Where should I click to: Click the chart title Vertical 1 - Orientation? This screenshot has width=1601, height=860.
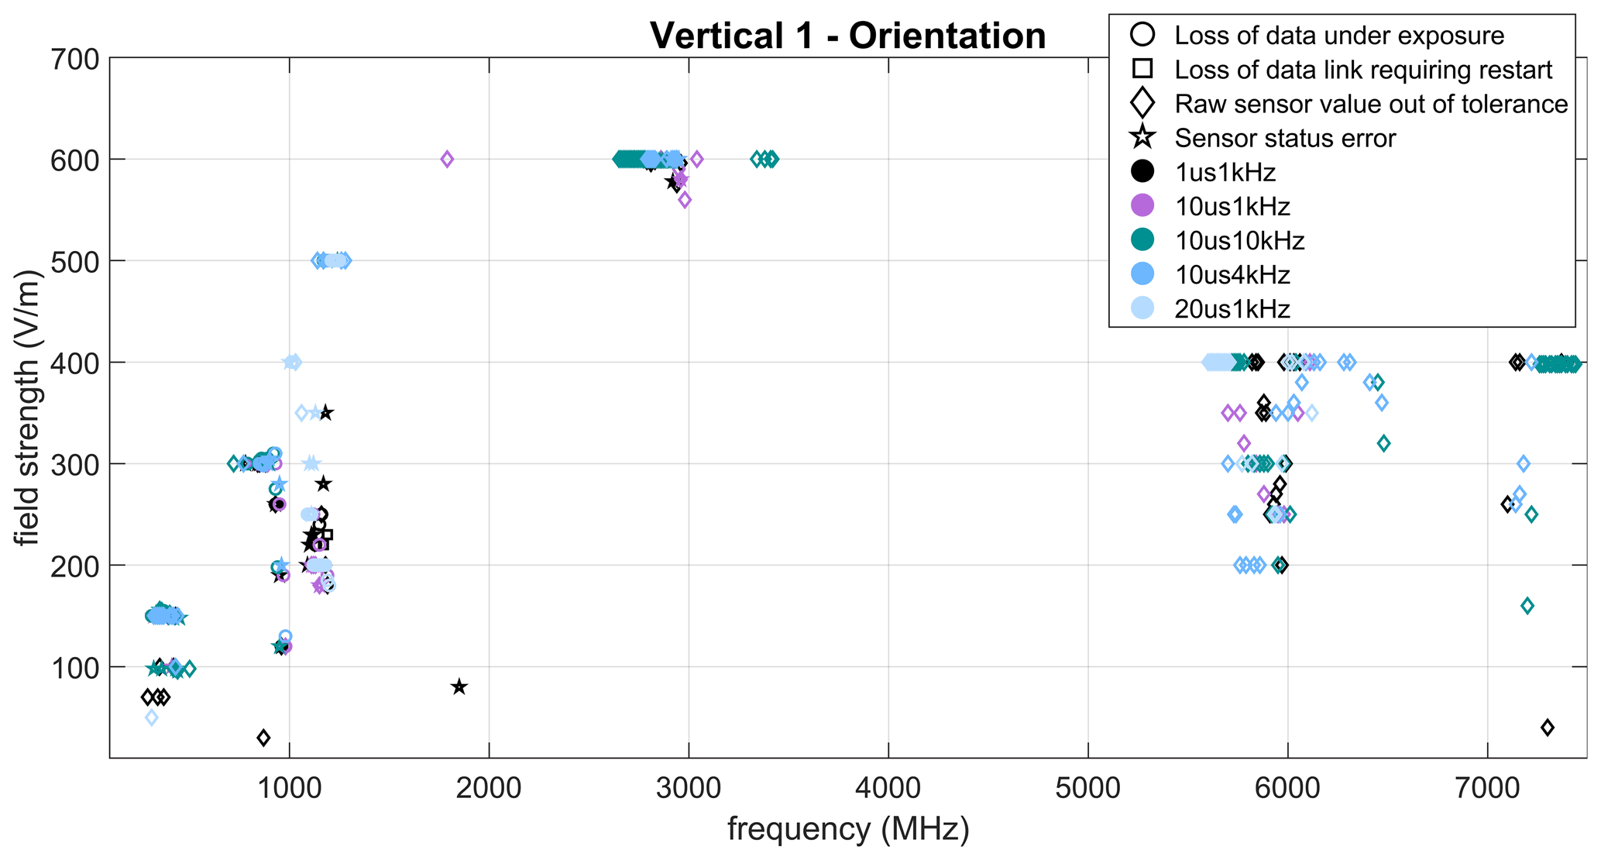[x=847, y=36]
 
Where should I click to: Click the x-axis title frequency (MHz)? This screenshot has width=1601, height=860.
[x=847, y=829]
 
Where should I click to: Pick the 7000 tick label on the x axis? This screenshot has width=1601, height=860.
[x=1487, y=788]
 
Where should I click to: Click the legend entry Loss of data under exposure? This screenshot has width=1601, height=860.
[x=1338, y=36]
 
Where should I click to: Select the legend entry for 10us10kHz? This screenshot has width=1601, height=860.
[x=1239, y=241]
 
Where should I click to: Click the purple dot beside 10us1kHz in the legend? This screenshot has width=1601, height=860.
[x=1142, y=206]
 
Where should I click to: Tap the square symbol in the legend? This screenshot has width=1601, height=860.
[x=1142, y=70]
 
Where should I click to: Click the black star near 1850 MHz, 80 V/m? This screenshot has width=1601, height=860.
[x=459, y=687]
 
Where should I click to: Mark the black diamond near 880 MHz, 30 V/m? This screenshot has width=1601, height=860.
[x=263, y=738]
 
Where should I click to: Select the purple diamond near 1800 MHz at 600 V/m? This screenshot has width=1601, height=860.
[x=447, y=160]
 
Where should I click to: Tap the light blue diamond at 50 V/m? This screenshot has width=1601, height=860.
[x=152, y=717]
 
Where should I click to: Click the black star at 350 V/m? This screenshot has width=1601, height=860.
[x=326, y=412]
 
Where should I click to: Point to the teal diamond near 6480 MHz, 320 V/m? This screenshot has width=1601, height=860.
[x=1383, y=443]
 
